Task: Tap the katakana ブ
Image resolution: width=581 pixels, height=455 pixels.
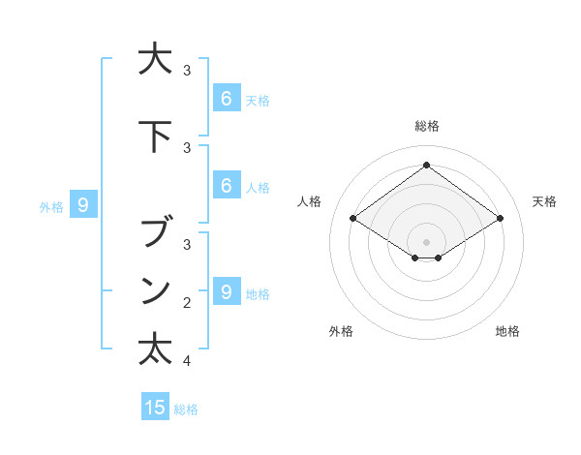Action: pyautogui.click(x=155, y=233)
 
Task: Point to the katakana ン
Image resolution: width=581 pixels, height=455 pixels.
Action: pyautogui.click(x=155, y=289)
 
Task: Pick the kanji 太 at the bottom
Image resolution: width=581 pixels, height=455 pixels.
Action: pyautogui.click(x=155, y=349)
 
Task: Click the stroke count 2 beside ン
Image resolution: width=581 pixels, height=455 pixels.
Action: pyautogui.click(x=187, y=303)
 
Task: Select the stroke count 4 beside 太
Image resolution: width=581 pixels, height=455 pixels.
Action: pyautogui.click(x=187, y=361)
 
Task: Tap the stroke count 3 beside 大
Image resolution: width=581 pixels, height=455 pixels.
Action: pyautogui.click(x=187, y=71)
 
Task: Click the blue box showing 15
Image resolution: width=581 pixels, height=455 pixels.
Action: pyautogui.click(x=155, y=408)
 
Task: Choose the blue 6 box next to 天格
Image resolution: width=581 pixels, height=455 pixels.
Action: pyautogui.click(x=226, y=98)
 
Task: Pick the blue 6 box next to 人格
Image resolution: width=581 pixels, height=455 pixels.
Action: pyautogui.click(x=226, y=186)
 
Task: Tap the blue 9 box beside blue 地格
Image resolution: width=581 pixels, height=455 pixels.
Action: pyautogui.click(x=226, y=291)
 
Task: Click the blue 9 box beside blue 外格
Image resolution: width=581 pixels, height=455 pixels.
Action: pyautogui.click(x=83, y=204)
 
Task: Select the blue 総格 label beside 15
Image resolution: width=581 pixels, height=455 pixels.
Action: pyautogui.click(x=186, y=409)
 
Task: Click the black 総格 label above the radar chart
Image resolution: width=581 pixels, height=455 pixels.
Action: pyautogui.click(x=426, y=126)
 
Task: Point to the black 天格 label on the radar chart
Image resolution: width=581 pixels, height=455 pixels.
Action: pyautogui.click(x=544, y=201)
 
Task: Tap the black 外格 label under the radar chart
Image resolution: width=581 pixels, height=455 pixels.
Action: pyautogui.click(x=341, y=331)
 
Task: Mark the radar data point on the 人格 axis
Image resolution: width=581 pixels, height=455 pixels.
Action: pyautogui.click(x=352, y=219)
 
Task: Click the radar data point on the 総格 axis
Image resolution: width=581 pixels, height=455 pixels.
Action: pyautogui.click(x=426, y=166)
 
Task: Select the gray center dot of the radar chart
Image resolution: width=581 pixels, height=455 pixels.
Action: pyautogui.click(x=426, y=241)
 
